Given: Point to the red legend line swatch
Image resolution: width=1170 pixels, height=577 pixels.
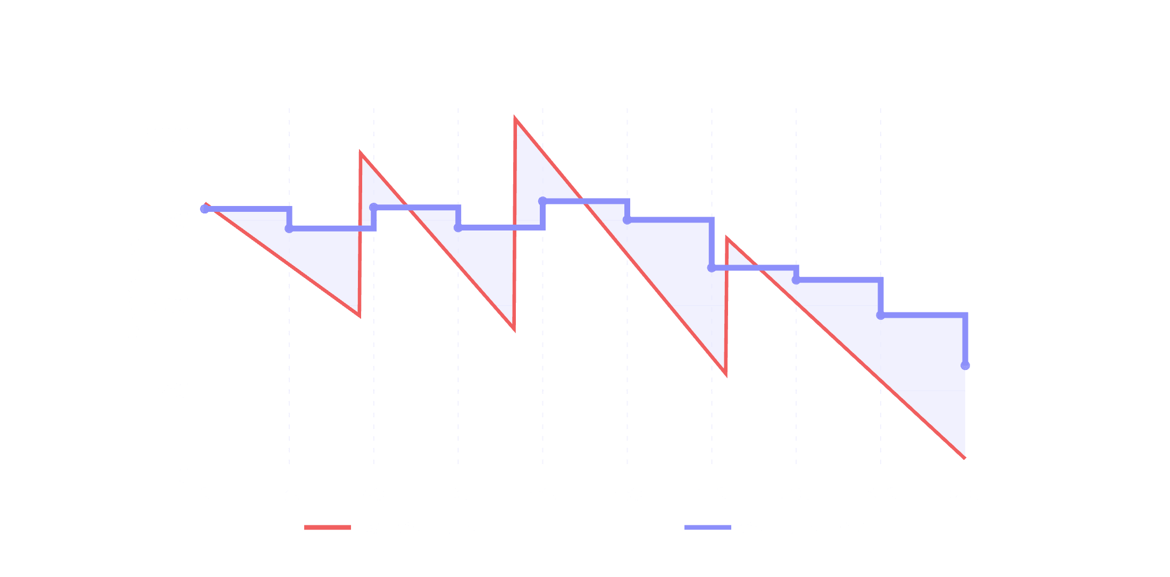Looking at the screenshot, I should (327, 527).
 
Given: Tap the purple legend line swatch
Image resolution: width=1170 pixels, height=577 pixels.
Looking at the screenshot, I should (707, 527).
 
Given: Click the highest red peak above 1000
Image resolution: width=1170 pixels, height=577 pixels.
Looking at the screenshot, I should (515, 118).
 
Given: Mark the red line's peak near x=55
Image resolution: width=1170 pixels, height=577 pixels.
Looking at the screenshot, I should (361, 153).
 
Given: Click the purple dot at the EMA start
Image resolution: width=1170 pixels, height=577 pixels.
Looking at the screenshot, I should (205, 209).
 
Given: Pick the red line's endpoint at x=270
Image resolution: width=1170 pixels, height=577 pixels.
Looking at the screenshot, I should (964, 458).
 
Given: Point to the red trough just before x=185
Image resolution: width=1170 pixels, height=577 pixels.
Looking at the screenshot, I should (725, 374).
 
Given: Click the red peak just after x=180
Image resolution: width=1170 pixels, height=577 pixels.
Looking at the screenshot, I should (727, 238).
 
